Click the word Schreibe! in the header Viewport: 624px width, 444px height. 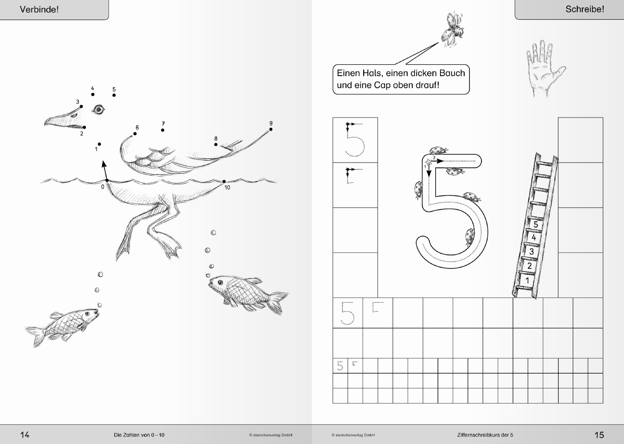click(585, 9)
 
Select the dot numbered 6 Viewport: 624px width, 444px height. click(135, 134)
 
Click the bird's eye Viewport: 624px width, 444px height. click(98, 110)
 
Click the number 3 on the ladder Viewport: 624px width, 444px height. click(532, 251)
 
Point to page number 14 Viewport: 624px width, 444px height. click(25, 435)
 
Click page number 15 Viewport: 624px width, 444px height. click(599, 435)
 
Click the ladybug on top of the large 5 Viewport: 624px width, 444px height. click(438, 150)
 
